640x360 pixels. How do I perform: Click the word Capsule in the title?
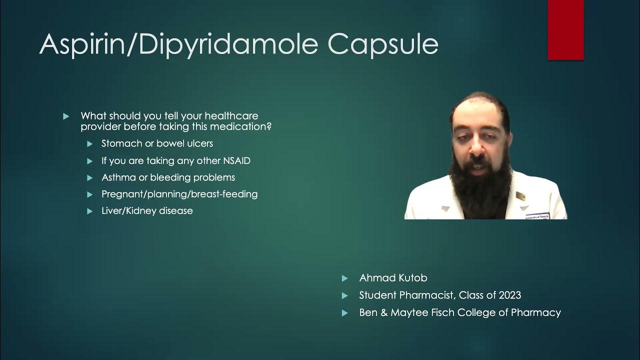(383, 45)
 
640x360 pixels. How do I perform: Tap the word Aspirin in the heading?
(83, 44)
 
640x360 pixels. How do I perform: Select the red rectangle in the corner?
(565, 30)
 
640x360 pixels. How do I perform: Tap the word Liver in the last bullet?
(111, 211)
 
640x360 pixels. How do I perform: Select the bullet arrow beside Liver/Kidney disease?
(90, 211)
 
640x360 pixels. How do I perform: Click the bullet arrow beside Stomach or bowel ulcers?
(90, 144)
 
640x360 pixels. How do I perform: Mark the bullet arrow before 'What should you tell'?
(66, 116)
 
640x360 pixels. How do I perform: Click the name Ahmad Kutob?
(393, 278)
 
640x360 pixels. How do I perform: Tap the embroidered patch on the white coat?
(537, 216)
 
